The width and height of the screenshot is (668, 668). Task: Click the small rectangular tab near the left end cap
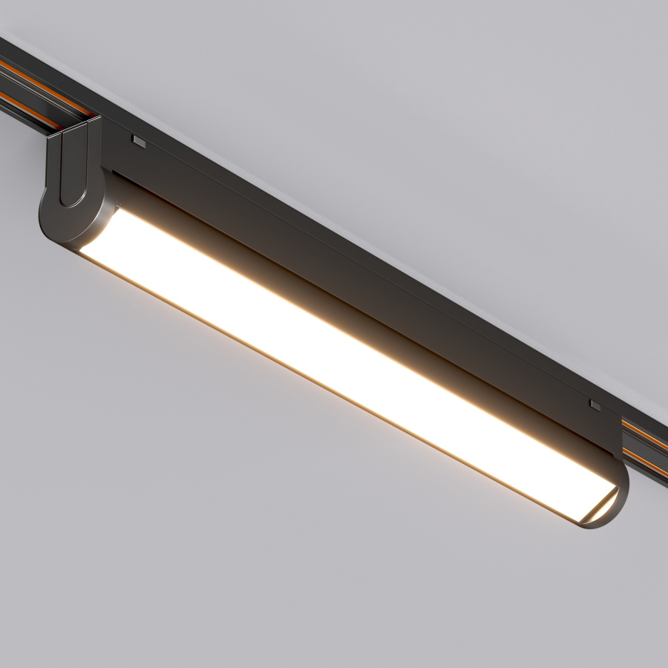(139, 139)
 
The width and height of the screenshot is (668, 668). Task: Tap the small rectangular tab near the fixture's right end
(595, 405)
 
